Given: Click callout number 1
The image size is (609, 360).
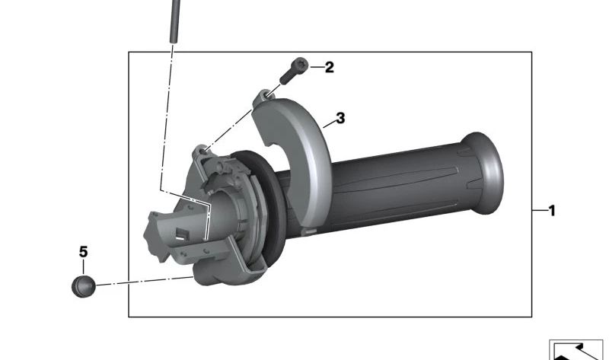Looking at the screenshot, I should coord(552,211).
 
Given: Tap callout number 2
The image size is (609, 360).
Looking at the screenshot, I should coord(329,68).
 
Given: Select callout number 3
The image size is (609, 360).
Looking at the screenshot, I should coord(340,118).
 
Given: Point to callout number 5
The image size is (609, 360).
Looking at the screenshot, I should coord(84,251).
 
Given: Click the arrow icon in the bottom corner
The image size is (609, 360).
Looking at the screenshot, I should coord(576,350).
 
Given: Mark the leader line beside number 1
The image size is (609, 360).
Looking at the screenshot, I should coord(539,211).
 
